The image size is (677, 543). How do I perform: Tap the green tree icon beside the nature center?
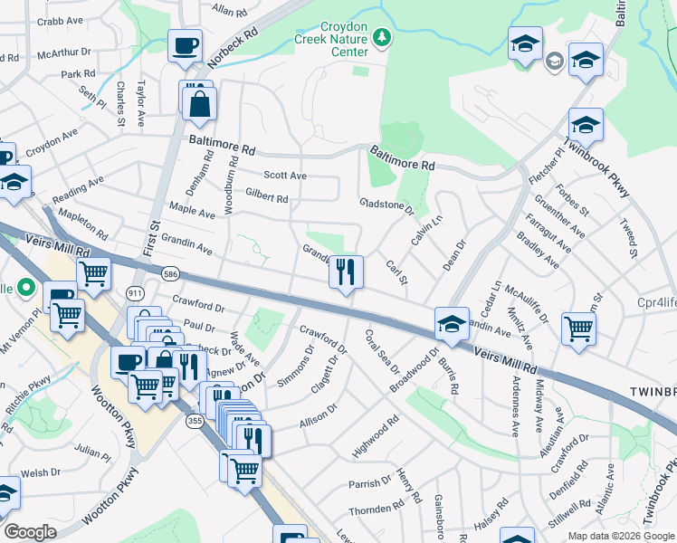tap(382, 37)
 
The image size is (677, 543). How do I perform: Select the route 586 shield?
tap(169, 272)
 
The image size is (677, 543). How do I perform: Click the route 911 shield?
tap(135, 293)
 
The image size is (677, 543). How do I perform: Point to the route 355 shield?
tap(193, 422)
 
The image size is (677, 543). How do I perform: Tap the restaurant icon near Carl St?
tap(345, 271)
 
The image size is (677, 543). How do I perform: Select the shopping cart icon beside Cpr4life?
tap(577, 329)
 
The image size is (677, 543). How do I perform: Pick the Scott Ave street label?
tap(285, 176)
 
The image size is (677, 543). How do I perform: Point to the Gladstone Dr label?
tap(386, 206)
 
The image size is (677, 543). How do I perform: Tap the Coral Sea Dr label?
tap(382, 352)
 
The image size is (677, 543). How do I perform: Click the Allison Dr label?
tap(318, 408)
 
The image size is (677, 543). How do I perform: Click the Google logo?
tap(29, 532)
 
